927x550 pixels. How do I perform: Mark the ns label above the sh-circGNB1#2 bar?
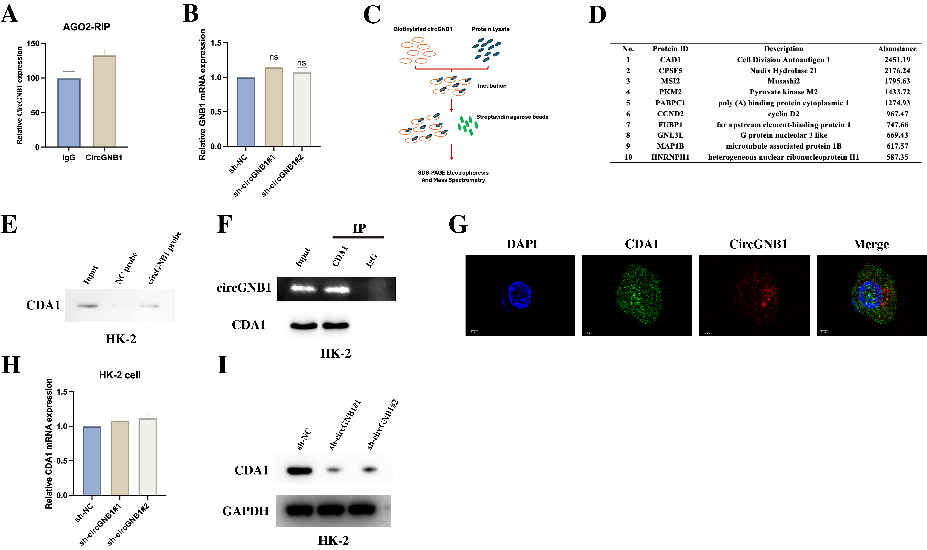coord(301,63)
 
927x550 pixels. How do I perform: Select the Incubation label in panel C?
coord(492,86)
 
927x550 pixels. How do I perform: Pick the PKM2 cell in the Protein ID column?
coord(670,92)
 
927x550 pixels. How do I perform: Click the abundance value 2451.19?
coord(897,60)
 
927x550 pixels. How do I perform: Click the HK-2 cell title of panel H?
coord(120,375)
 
